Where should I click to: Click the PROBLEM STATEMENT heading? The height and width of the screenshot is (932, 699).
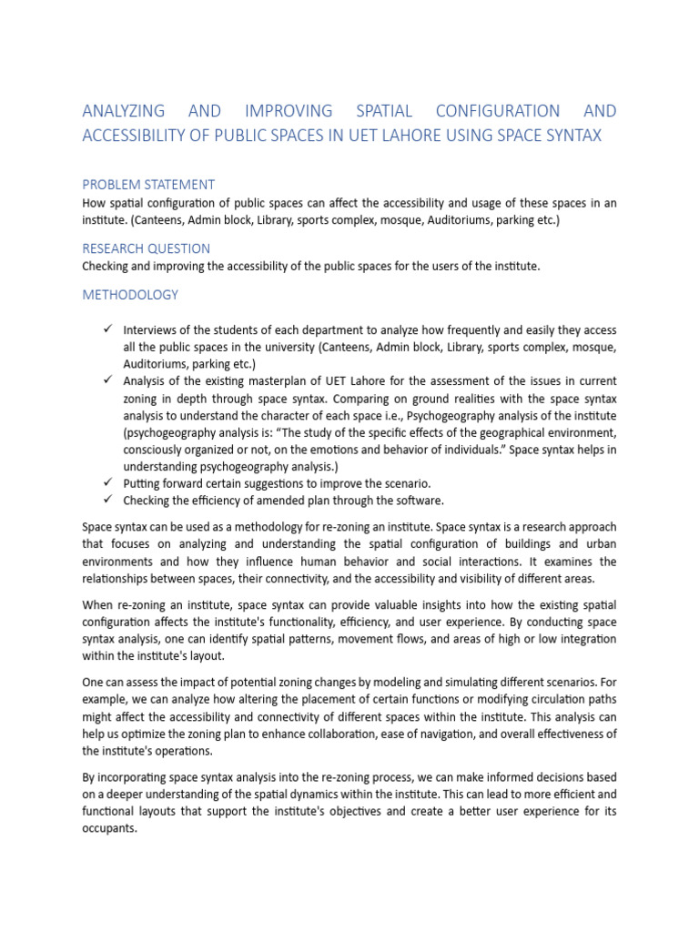148,184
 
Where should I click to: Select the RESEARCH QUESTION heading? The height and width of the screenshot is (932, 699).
146,248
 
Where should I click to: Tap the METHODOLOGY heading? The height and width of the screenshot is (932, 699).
130,295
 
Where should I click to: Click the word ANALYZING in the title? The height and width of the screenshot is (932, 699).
124,111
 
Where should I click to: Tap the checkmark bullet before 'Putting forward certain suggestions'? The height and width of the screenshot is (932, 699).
106,482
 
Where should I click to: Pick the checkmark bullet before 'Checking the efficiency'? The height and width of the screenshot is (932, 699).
106,500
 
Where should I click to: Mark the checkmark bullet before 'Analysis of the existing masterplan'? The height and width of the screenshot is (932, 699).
106,380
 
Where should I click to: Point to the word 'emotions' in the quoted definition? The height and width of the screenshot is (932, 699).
364,449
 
